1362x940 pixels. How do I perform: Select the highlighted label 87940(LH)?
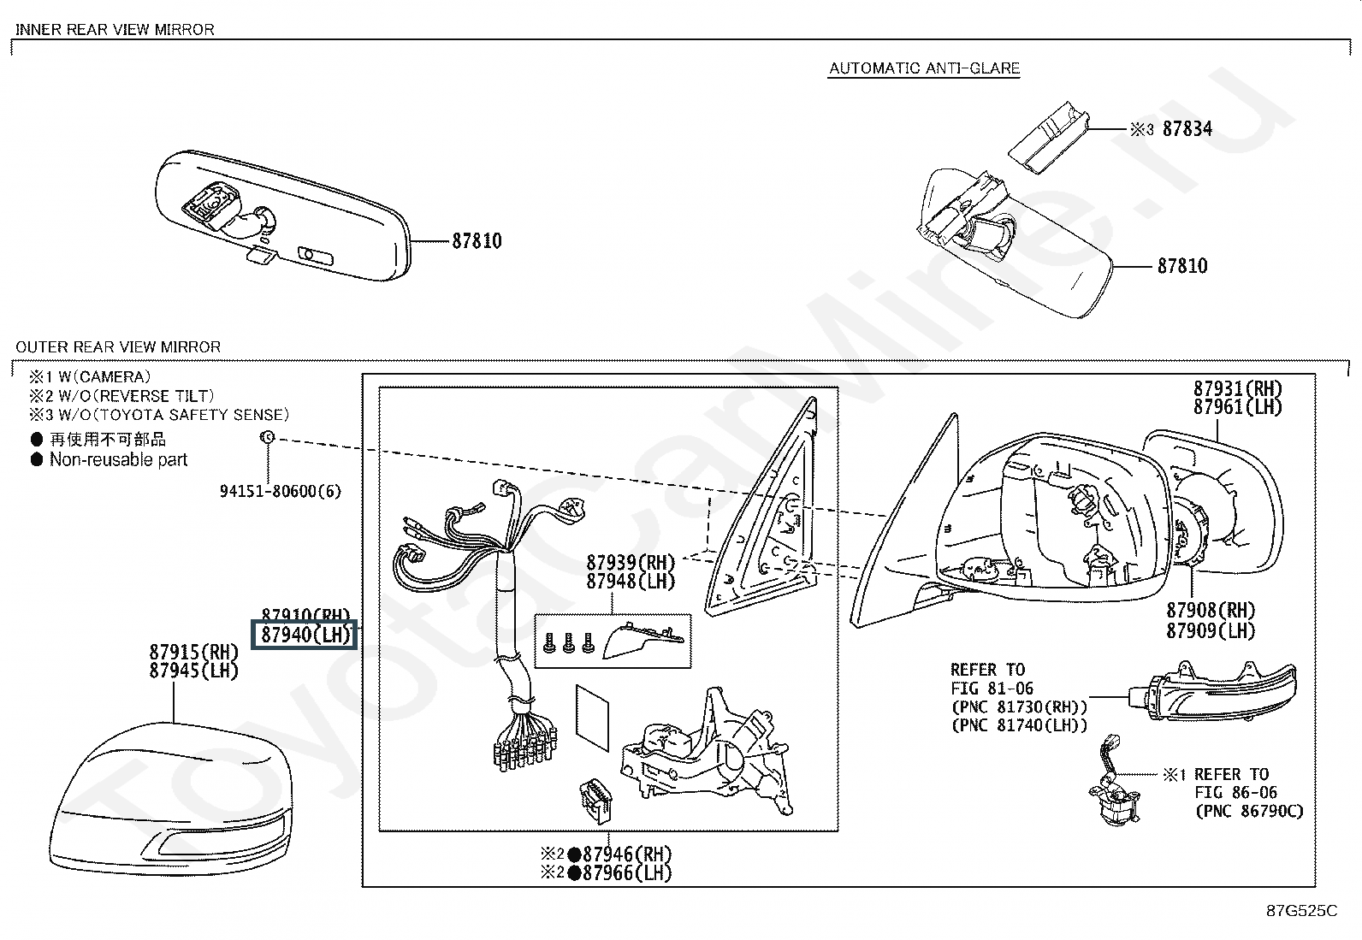pos(305,636)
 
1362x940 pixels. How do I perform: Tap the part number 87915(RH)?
pos(194,652)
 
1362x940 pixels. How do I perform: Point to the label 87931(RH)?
pos(1238,389)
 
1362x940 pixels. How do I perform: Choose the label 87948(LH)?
pos(631,582)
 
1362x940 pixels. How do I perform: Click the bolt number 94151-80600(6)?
pos(280,491)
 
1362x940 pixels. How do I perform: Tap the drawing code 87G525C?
pos(1302,911)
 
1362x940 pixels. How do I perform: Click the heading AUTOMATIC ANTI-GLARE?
pos(924,68)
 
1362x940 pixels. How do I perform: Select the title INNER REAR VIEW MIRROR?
pos(115,29)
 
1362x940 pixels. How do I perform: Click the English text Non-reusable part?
pos(118,459)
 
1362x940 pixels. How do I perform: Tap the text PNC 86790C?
pos(1249,811)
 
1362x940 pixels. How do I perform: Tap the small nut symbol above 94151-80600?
pos(267,438)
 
